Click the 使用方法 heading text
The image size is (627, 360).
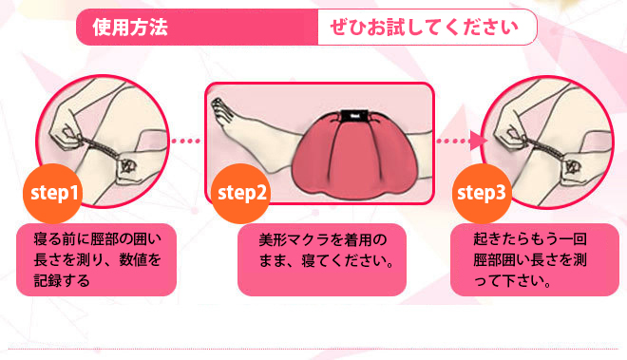pyautogui.click(x=130, y=28)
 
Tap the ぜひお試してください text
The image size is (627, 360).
pyautogui.click(x=424, y=28)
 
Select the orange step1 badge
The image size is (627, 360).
pyautogui.click(x=53, y=193)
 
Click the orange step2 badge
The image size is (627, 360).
pyautogui.click(x=240, y=193)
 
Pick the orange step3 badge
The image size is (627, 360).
pyautogui.click(x=482, y=193)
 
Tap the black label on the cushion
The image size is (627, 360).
pyautogui.click(x=354, y=116)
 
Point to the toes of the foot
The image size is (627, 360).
pyautogui.click(x=218, y=108)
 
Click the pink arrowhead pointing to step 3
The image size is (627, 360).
pyautogui.click(x=478, y=141)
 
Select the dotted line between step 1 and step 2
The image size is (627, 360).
pyautogui.click(x=186, y=141)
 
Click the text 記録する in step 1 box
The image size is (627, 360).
pyautogui.click(x=62, y=281)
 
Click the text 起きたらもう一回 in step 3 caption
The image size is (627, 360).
pyautogui.click(x=530, y=239)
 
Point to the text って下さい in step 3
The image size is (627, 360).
pyautogui.click(x=508, y=281)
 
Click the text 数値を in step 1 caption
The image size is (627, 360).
pyautogui.click(x=140, y=260)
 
